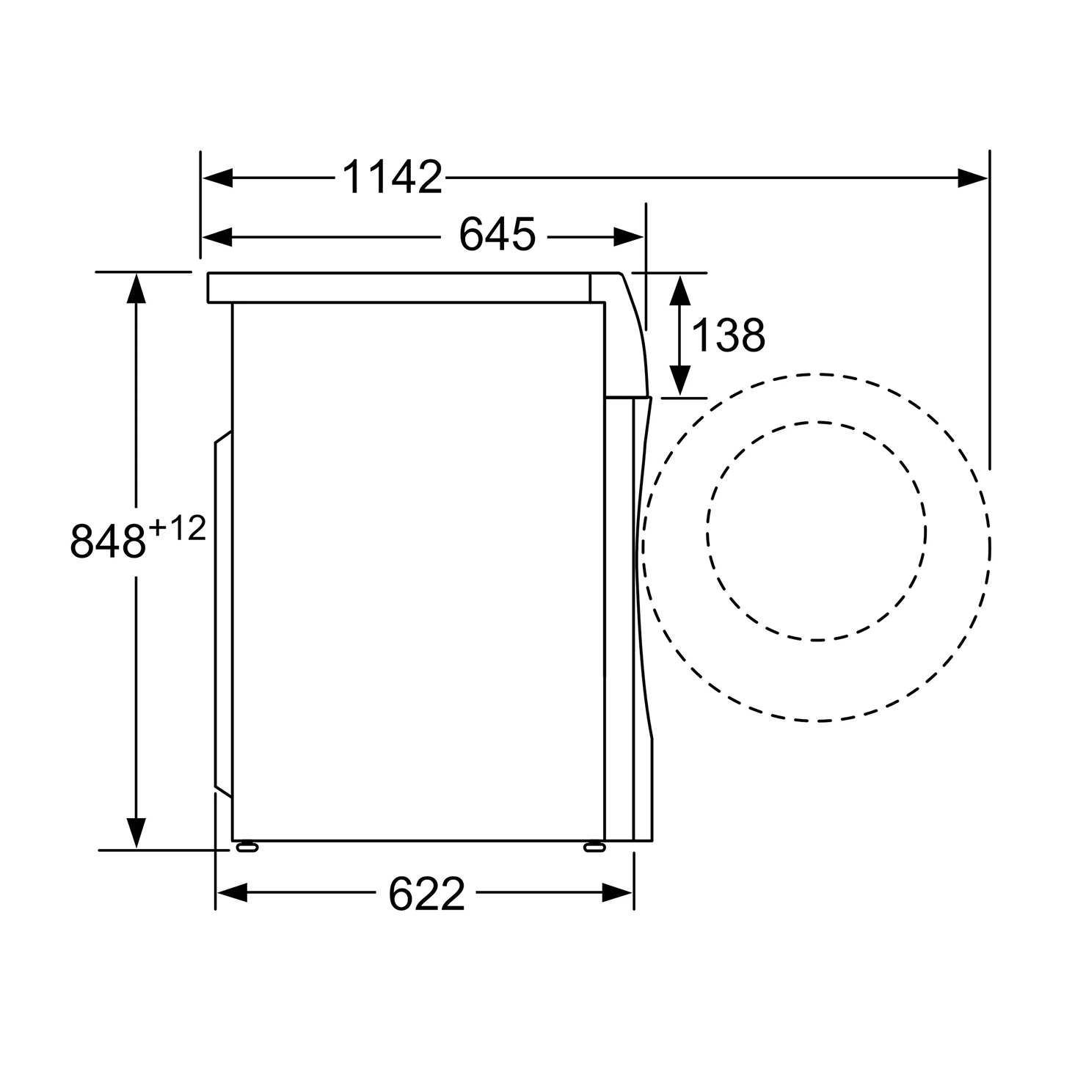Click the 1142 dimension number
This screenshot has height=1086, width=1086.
pyautogui.click(x=393, y=178)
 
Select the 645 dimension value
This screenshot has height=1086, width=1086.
pyautogui.click(x=498, y=235)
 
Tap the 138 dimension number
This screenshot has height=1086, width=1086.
pyautogui.click(x=728, y=335)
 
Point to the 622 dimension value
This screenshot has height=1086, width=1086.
pyautogui.click(x=427, y=894)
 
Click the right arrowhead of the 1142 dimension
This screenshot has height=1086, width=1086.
pyautogui.click(x=972, y=178)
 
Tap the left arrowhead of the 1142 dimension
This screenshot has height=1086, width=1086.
pyautogui.click(x=218, y=178)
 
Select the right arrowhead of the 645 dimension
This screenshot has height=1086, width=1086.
pyautogui.click(x=629, y=236)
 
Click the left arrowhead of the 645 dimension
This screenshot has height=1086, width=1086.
pyautogui.click(x=218, y=236)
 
